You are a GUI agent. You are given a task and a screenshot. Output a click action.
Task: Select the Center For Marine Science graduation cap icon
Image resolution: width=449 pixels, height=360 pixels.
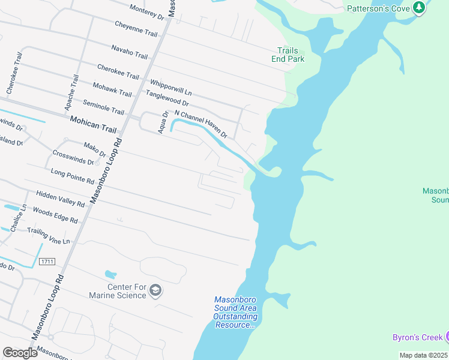point(155,291)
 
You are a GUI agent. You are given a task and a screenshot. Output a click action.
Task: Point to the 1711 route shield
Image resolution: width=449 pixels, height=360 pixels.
point(47,262)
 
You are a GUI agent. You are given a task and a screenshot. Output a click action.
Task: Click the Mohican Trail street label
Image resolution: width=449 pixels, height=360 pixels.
point(92,120)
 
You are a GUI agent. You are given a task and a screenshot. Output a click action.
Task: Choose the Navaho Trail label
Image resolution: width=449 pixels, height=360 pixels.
point(129,52)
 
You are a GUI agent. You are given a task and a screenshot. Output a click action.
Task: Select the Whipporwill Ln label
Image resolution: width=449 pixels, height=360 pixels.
point(170,87)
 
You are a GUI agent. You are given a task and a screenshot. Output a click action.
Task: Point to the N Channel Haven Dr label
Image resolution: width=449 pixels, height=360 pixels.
point(200,124)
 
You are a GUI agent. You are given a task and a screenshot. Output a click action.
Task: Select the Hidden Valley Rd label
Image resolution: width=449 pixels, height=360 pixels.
point(61,199)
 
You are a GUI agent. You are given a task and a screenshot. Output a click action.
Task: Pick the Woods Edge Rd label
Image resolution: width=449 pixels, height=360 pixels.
point(55,216)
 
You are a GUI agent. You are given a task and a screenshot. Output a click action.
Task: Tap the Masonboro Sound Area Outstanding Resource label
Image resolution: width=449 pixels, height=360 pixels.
point(235,312)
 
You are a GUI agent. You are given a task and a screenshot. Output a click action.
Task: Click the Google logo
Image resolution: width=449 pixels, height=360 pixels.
point(20,352)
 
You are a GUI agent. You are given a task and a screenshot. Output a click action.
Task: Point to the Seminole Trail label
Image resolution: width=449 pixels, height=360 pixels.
point(103,108)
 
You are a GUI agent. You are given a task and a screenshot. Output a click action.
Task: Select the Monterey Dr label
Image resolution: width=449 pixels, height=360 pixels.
point(146,10)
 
